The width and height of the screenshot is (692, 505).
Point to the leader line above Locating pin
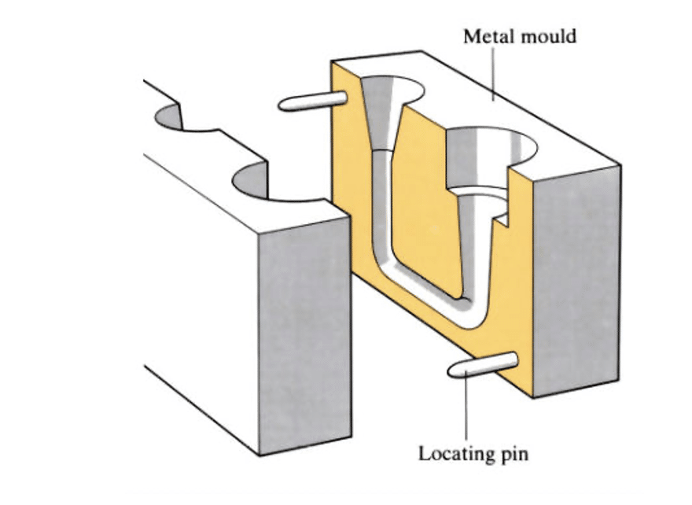click(467, 409)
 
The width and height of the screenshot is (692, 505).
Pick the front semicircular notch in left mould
click(271, 185)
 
